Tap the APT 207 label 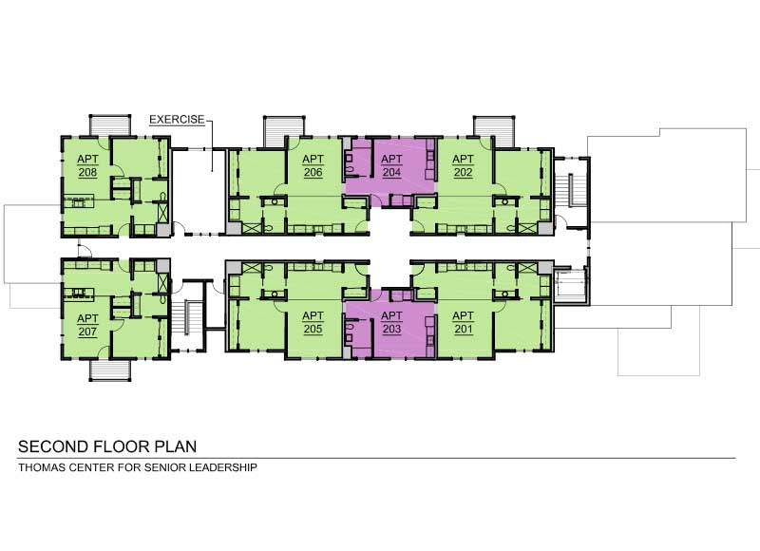click(x=87, y=323)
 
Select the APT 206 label click(x=314, y=165)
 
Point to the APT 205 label click(x=313, y=323)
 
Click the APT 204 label click(x=391, y=165)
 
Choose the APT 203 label click(x=391, y=323)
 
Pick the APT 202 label click(x=463, y=165)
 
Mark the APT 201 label click(x=463, y=323)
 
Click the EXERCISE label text click(x=177, y=120)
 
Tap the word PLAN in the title click(x=174, y=446)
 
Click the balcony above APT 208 click(x=109, y=125)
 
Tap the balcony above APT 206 click(x=284, y=128)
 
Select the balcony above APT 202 click(x=493, y=128)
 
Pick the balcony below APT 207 click(x=109, y=369)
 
